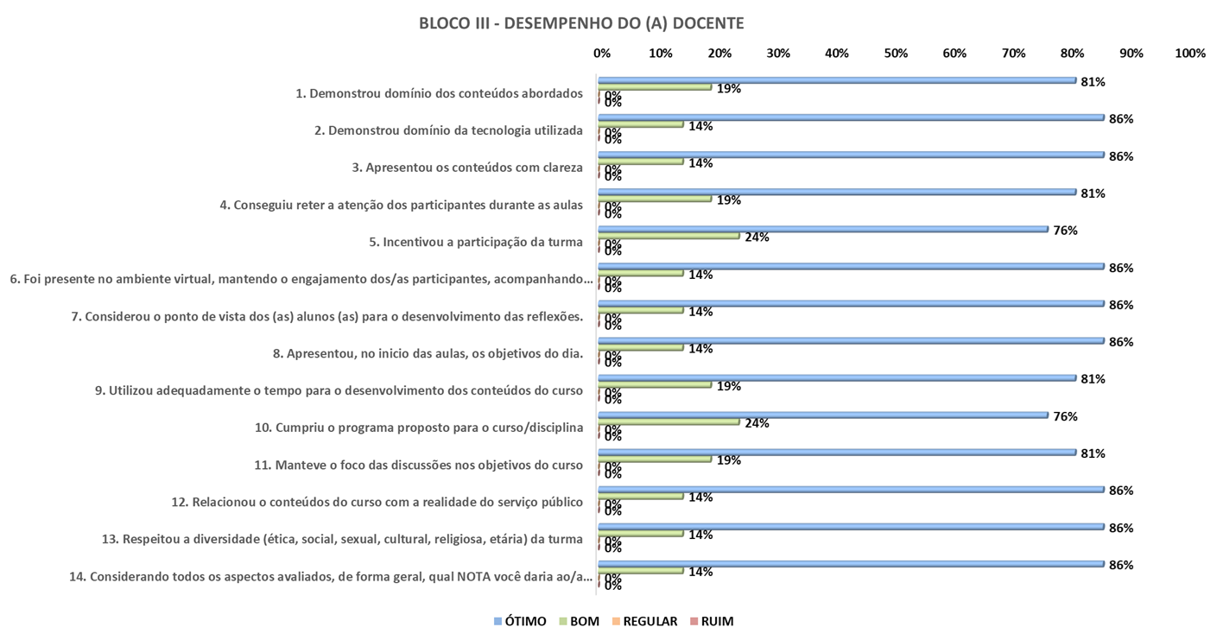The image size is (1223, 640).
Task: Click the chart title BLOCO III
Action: pos(580,24)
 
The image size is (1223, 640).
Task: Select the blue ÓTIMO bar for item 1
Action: pos(838,80)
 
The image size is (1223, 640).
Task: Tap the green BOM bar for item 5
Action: pos(669,235)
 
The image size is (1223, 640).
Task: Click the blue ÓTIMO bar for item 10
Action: pos(823,415)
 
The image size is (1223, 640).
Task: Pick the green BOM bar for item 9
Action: pos(655,384)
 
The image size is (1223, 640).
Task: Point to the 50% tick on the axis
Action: pos(896,54)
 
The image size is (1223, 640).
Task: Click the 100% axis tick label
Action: pos(1189,54)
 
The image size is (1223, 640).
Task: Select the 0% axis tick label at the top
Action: pos(602,54)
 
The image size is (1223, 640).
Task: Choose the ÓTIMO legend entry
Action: pos(520,621)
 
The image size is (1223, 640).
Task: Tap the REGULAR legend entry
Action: pos(643,621)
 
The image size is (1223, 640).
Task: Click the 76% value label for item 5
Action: pos(1065,231)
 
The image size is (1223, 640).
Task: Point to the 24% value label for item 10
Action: pos(757,423)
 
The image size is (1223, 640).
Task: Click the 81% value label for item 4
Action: pos(1093,193)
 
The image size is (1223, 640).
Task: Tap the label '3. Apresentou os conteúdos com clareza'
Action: pos(467,168)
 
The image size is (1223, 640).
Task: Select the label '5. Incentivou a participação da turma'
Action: pos(476,242)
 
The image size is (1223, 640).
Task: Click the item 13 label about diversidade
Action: pos(342,540)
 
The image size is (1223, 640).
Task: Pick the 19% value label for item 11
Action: pos(729,460)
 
